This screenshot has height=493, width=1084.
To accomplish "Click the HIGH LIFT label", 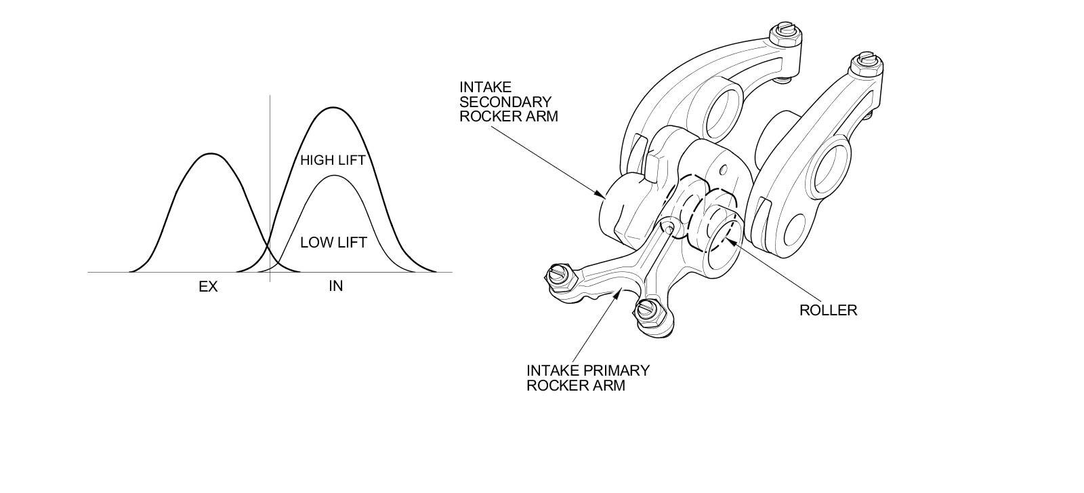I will click(333, 161).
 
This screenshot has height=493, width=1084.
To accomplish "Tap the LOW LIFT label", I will click(333, 242).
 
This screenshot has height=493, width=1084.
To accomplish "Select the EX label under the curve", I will click(208, 287).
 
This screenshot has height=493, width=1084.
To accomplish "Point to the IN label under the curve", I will click(335, 286).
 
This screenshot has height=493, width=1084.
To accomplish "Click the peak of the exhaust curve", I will click(211, 154).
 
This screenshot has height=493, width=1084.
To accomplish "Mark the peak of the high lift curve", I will click(333, 108).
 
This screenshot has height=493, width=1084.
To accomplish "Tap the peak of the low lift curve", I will click(333, 176).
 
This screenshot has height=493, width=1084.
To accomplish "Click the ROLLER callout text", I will click(828, 311).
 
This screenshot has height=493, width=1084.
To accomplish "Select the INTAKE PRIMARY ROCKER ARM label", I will click(587, 378).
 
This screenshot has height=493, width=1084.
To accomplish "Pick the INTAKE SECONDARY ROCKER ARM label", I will click(508, 102).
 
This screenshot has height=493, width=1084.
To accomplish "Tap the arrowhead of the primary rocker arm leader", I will click(624, 290).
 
